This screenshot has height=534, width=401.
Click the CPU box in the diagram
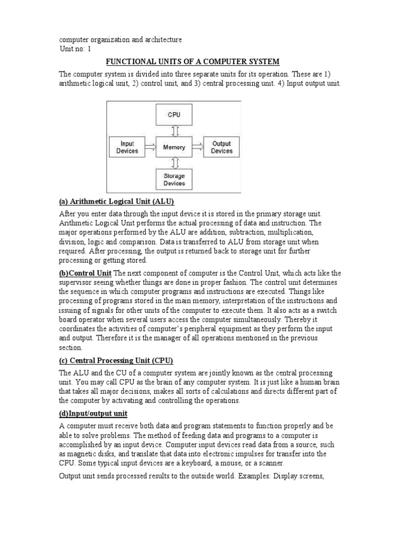point(174,115)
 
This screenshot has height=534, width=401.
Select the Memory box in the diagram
point(174,147)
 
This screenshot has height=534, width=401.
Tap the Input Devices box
point(127,147)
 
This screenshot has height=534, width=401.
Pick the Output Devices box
point(221,147)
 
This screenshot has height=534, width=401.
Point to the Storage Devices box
point(174,180)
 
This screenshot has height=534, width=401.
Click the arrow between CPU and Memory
point(174,130)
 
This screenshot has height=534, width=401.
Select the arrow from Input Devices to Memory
point(150,148)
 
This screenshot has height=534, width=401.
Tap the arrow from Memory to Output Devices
point(197,148)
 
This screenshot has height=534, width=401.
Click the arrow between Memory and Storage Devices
point(174,163)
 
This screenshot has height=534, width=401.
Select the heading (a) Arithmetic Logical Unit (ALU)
point(116,201)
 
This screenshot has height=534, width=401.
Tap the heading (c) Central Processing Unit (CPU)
point(115,360)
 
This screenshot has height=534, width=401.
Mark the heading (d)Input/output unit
point(93,414)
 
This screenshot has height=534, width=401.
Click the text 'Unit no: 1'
point(75,49)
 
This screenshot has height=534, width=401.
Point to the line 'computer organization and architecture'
point(120,40)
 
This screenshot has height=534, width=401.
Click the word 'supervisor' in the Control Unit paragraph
point(76,282)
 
